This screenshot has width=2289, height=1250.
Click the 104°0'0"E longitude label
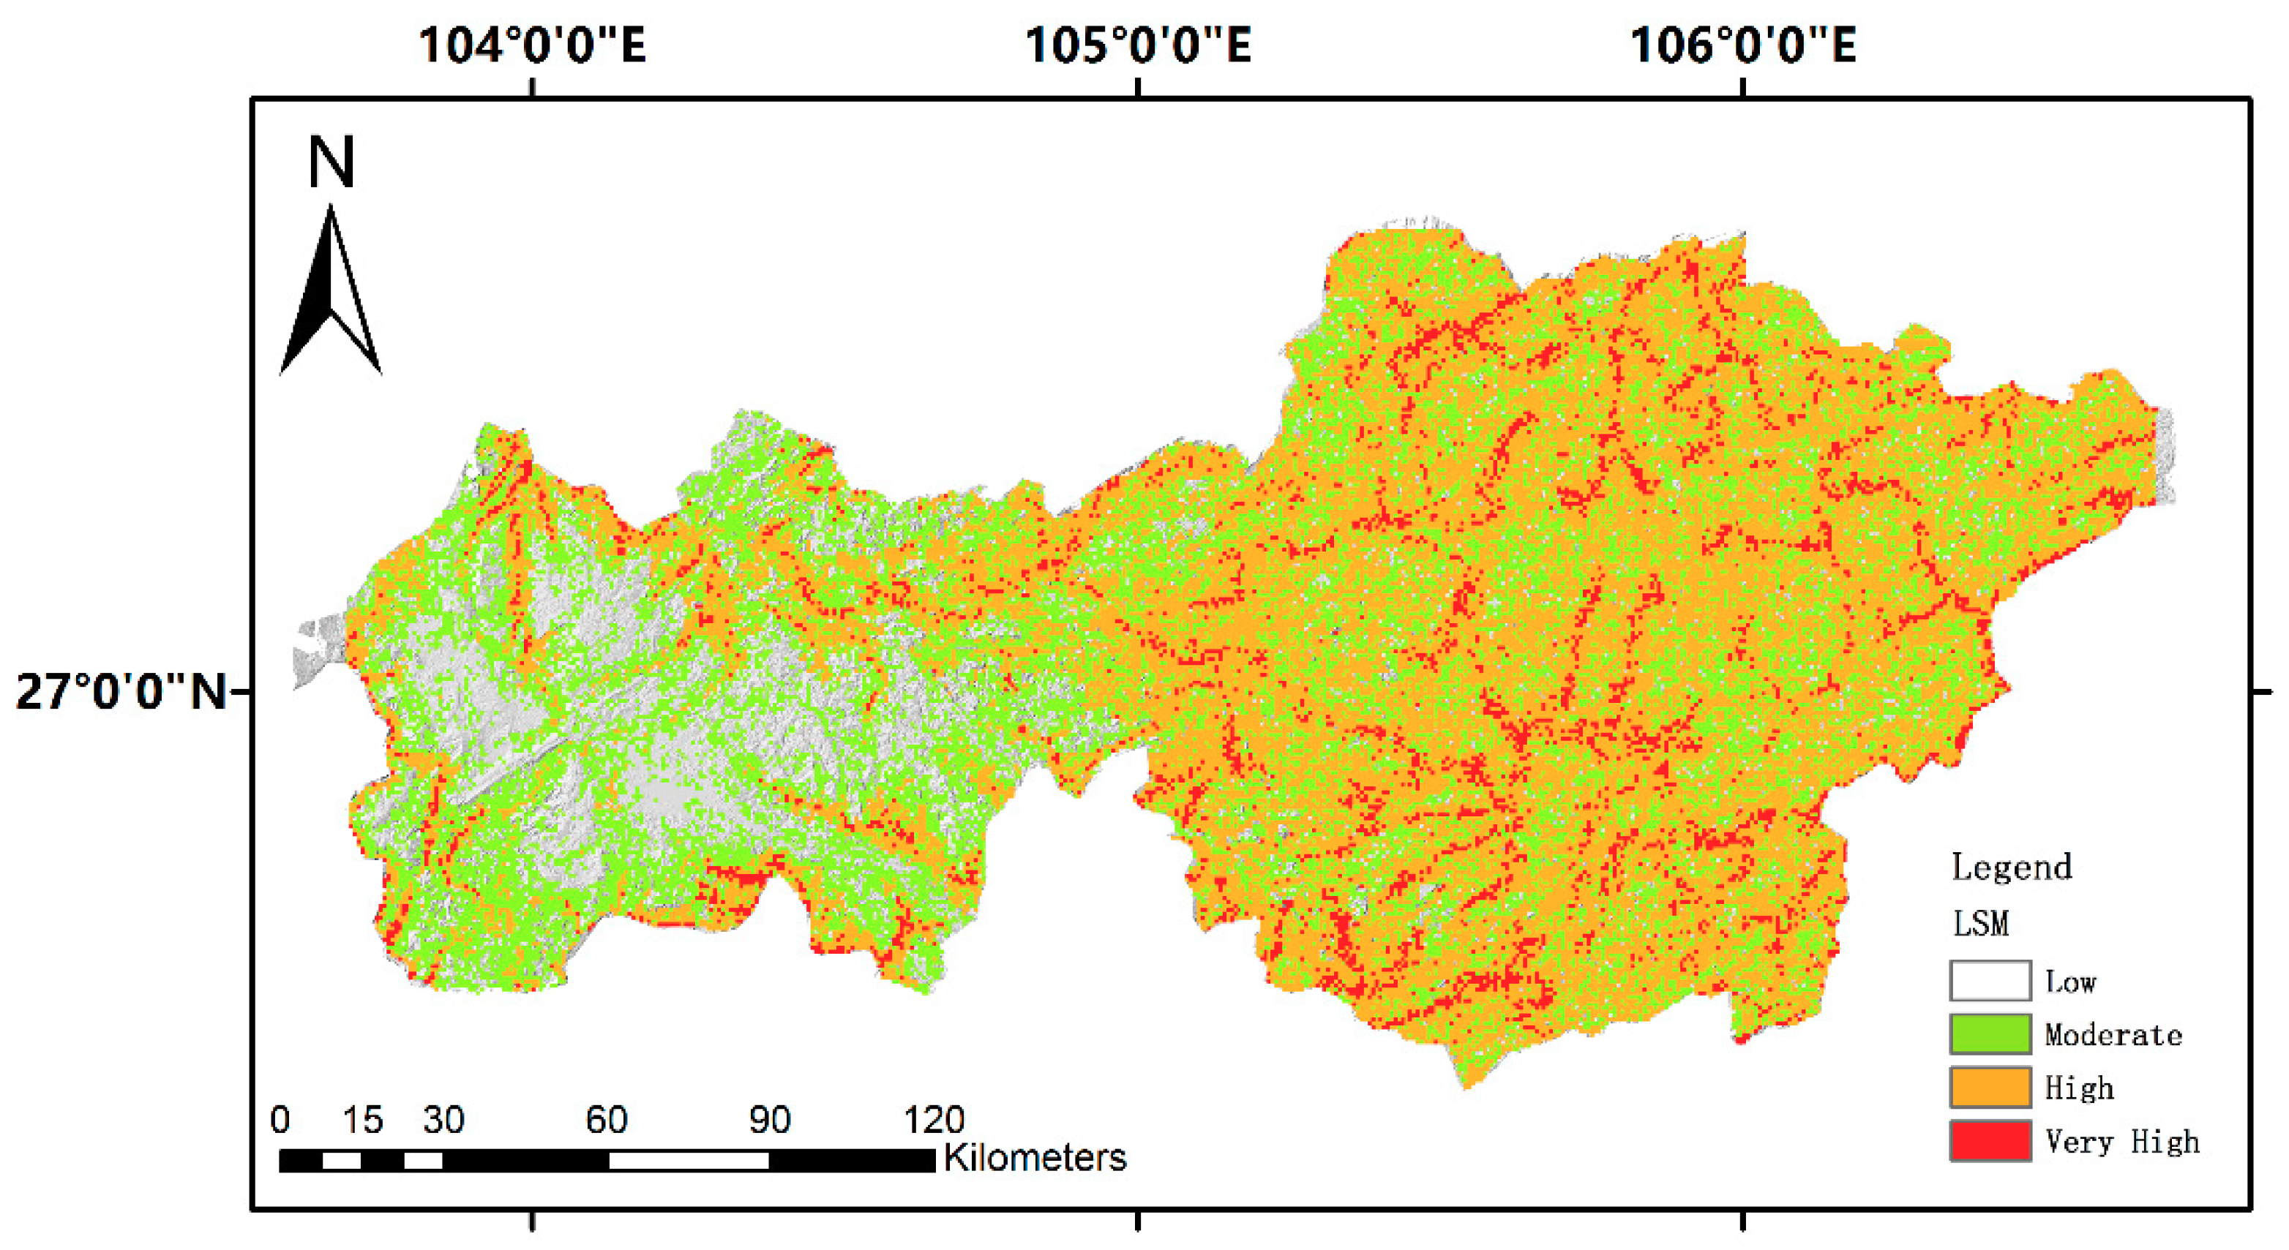531,45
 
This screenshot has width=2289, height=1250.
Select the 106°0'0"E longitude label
1742,45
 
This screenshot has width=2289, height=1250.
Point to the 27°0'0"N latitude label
121,691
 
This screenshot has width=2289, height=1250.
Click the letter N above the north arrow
331,162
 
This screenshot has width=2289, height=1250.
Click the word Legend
2011,866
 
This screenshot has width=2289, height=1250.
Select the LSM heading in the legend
1981,924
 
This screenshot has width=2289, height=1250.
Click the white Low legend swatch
1990,981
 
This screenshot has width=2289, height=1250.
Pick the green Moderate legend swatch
1990,1034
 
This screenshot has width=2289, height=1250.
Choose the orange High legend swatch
1990,1088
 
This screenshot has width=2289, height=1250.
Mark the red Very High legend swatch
1990,1141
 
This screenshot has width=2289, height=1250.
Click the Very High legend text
2122,1141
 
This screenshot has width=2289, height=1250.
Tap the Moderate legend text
2113,1035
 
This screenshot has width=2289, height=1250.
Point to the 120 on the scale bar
934,1121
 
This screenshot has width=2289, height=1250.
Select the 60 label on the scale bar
607,1121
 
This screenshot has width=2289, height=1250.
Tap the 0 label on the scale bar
280,1121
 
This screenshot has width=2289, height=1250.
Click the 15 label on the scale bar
362,1121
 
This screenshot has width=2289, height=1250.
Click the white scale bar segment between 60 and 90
689,1160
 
